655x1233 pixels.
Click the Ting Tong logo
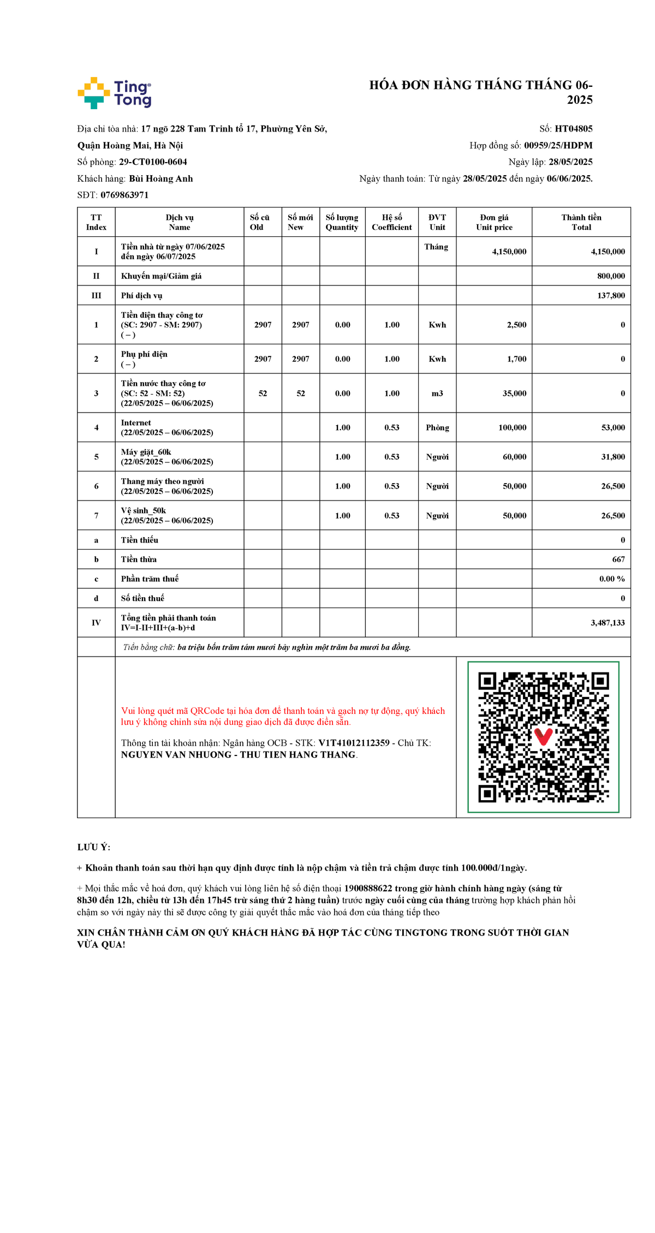click(114, 93)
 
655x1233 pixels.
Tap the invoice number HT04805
click(573, 129)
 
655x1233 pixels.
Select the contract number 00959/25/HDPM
click(558, 145)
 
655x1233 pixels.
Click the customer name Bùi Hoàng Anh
click(160, 178)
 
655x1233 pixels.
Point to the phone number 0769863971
click(124, 195)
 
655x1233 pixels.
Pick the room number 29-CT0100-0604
click(153, 162)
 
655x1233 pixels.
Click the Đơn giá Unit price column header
click(494, 222)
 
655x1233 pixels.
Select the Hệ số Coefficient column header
click(391, 222)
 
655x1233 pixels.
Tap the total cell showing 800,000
click(611, 276)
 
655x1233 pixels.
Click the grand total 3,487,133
click(608, 623)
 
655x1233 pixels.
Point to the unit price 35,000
click(514, 394)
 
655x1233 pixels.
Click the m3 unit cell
click(437, 394)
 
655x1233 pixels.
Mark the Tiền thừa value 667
click(618, 559)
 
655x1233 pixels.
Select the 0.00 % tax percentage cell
click(612, 579)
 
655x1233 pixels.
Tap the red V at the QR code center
click(543, 736)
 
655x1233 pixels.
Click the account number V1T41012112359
click(354, 743)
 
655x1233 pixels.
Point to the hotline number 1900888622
click(368, 889)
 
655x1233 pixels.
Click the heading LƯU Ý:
click(94, 848)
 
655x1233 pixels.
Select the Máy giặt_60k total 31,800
click(613, 457)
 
